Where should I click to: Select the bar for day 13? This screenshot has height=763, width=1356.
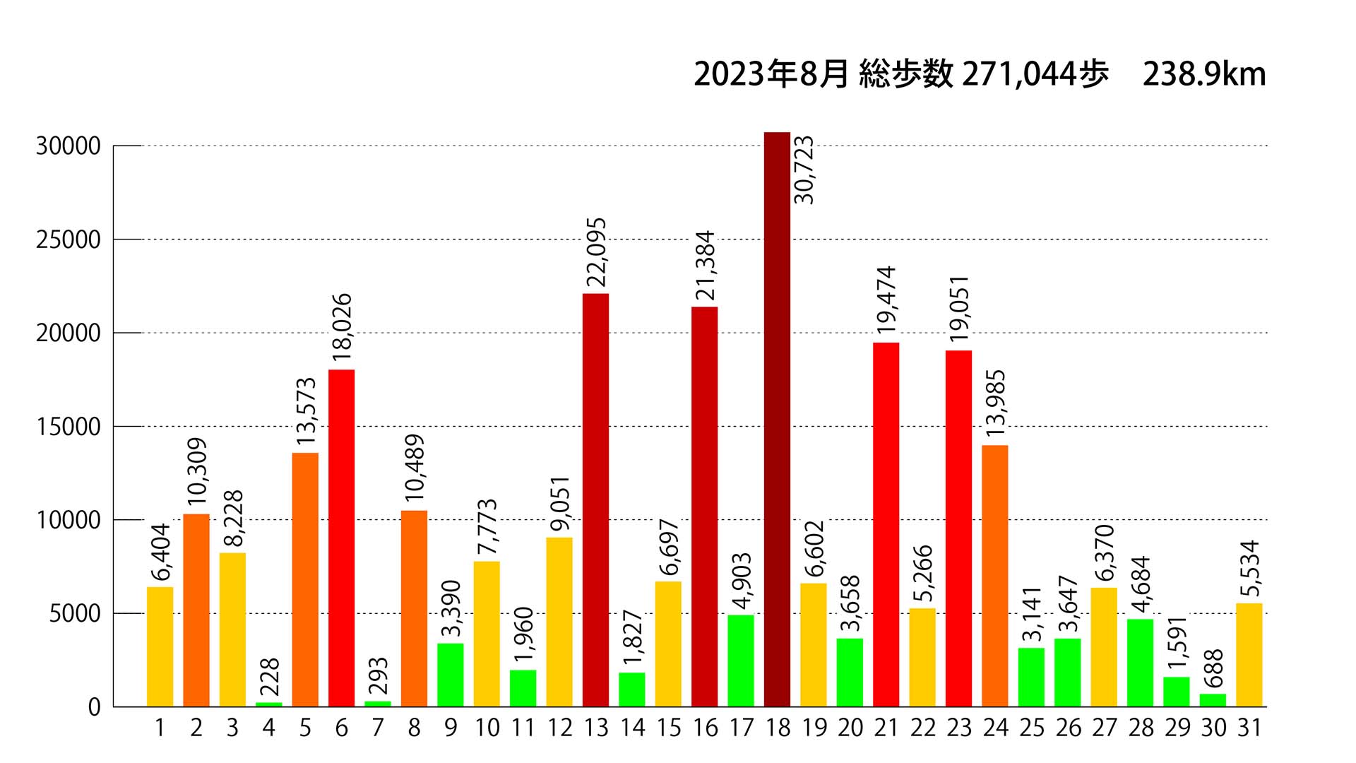(595, 499)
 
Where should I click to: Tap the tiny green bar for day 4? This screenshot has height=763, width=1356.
(268, 704)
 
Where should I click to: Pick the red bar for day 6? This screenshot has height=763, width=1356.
(341, 538)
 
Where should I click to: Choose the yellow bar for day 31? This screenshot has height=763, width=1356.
(1249, 654)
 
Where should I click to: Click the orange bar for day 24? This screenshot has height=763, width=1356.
(994, 575)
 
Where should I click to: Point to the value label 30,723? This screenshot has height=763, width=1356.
(804, 170)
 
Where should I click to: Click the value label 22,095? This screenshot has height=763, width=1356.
(597, 252)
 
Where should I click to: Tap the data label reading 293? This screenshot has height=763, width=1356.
(378, 676)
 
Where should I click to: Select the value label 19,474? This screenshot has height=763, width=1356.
(886, 300)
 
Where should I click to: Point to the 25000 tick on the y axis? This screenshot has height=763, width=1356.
(69, 240)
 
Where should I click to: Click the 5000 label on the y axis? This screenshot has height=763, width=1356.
(75, 614)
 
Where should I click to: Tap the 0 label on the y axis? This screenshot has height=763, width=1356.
(95, 707)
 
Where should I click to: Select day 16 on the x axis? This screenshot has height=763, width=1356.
(705, 728)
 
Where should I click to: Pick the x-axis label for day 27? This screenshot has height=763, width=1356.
(1104, 728)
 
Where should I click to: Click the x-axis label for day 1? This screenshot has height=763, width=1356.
(160, 728)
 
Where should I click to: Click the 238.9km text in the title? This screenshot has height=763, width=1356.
(1204, 74)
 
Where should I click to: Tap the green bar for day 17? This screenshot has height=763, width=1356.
(740, 661)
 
